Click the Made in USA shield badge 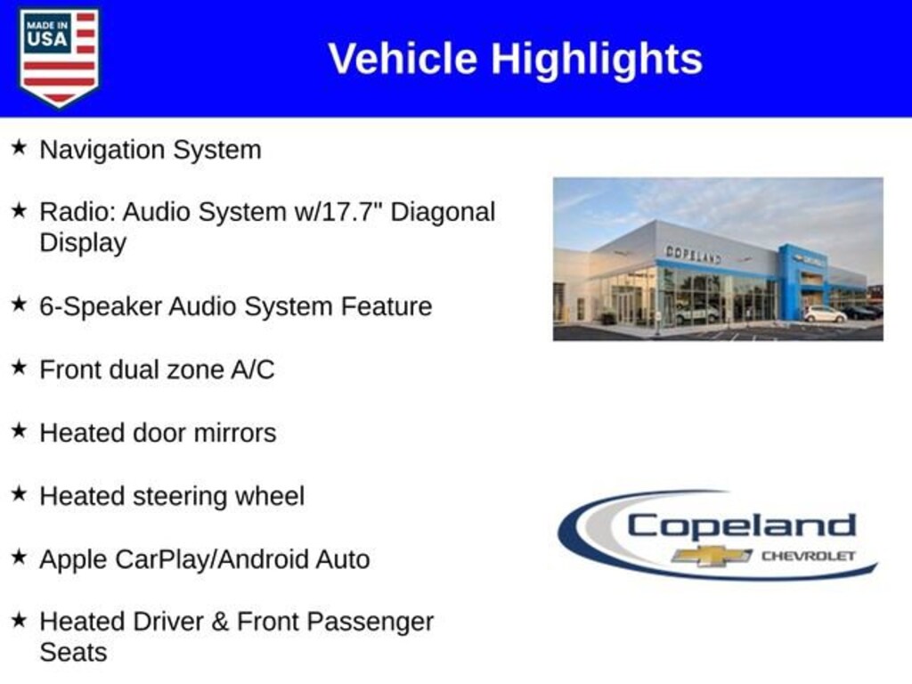pos(59,57)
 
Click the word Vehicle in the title pos(403,59)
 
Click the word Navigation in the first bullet pos(103,151)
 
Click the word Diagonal pos(443,213)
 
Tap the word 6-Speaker pos(101,307)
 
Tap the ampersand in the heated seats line pos(220,622)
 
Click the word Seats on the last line pos(73,652)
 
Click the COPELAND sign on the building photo pos(693,254)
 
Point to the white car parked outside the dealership pos(825,314)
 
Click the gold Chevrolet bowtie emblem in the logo pos(712,556)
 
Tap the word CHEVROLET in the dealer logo pos(809,556)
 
